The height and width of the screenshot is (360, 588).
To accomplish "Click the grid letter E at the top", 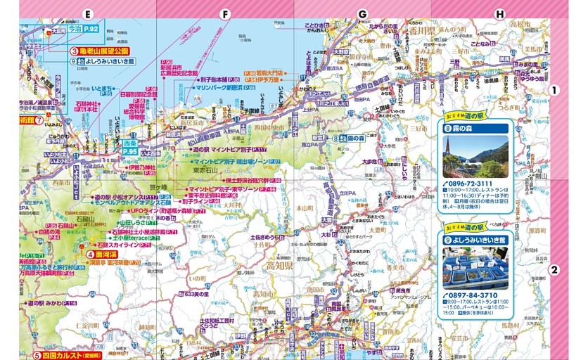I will click(x=88, y=14).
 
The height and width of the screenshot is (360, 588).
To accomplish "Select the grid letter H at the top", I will click(x=500, y=14).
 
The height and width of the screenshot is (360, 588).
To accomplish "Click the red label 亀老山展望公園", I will click(x=103, y=51).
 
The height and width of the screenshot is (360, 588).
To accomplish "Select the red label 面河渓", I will click(x=106, y=254).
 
